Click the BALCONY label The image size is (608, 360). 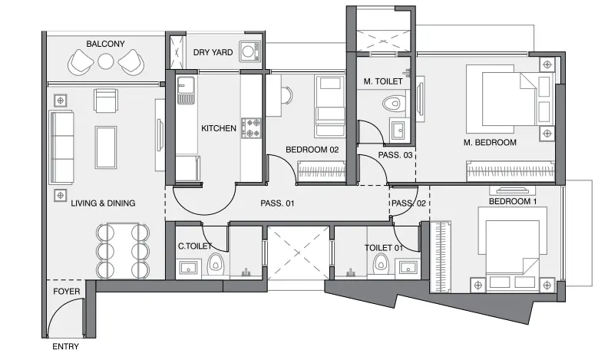point(105,44)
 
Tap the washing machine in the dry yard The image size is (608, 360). point(249,51)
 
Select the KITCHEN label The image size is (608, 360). point(219,128)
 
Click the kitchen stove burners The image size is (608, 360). point(251,128)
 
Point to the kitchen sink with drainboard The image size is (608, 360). point(186,91)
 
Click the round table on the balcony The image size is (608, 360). point(105,61)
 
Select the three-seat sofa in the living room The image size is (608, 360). point(61,147)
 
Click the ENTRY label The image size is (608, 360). point(65,346)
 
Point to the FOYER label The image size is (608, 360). point(67,292)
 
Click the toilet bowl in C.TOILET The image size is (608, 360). point(214,264)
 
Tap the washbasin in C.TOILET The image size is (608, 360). point(189,267)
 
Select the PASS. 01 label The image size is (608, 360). point(277,203)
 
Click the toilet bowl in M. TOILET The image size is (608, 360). point(392,104)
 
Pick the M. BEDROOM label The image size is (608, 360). point(490,143)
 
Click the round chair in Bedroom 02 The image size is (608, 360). point(286,95)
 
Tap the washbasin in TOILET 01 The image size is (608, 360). point(408,267)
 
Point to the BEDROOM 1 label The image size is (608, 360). point(513,202)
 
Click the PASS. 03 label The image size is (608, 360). point(395,155)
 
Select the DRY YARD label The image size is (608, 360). point(213,52)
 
